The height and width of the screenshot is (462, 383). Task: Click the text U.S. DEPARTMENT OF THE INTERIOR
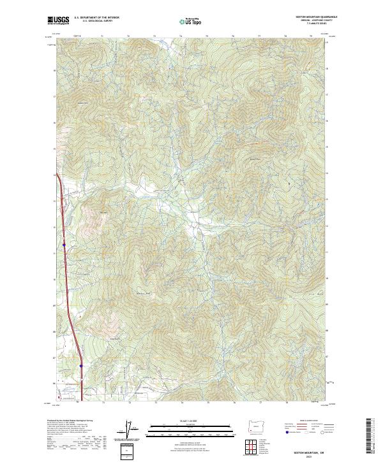pos(96,18)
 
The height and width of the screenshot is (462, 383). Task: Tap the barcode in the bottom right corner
pos(370,440)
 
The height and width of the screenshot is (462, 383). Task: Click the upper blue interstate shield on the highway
pos(64,243)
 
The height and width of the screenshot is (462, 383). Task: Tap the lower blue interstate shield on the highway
pos(81,365)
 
